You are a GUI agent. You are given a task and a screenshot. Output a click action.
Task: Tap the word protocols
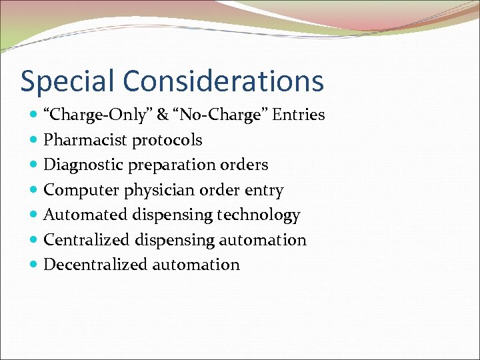pyautogui.click(x=167, y=140)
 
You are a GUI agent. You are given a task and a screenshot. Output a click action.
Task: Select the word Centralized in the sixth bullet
pyautogui.click(x=87, y=239)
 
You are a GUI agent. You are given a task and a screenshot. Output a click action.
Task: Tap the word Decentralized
pyautogui.click(x=95, y=265)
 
